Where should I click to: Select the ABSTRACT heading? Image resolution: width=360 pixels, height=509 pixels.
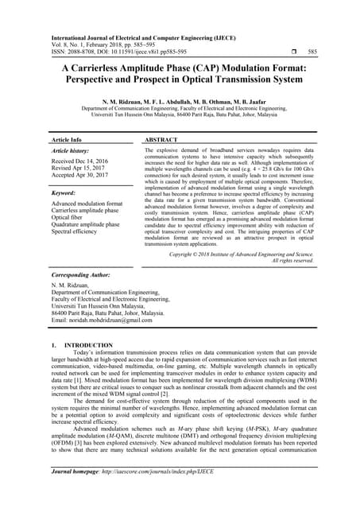[161, 139]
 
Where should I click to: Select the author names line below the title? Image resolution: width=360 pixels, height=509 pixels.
[180, 102]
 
